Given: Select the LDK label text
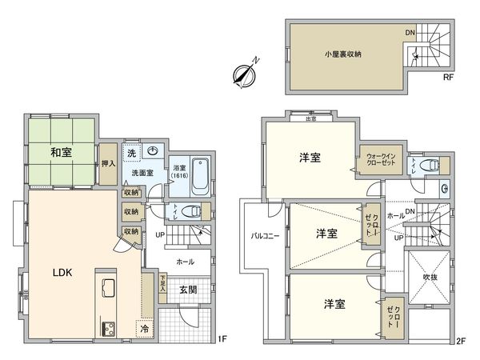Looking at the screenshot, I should point(63,273).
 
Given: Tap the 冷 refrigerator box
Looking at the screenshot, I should point(145,328).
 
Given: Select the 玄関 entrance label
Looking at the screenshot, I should point(187,290).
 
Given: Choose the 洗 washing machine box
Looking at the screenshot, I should point(130,151).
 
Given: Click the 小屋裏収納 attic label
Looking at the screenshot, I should point(343,54).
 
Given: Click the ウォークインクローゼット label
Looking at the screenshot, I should point(381,158).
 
